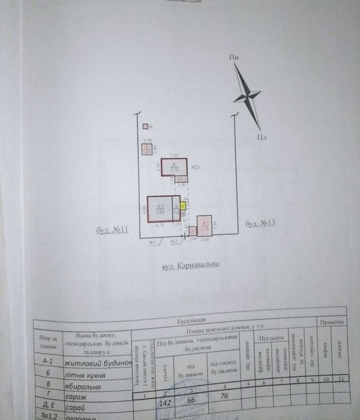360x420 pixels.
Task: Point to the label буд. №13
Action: tap(260, 224)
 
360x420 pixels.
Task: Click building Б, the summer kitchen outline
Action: tap(174, 166)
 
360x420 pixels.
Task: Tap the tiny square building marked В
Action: tap(145, 127)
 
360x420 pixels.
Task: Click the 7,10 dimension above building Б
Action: tap(174, 154)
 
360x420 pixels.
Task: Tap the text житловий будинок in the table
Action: tap(103, 364)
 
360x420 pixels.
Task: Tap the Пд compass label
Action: tap(262, 137)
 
